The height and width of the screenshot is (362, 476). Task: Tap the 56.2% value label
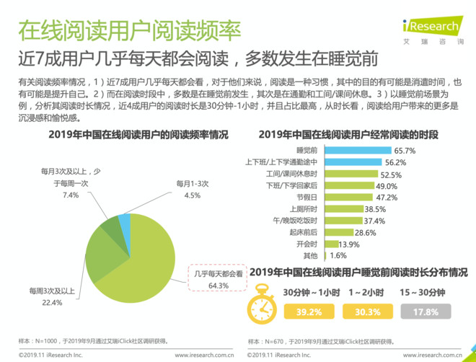(405, 163)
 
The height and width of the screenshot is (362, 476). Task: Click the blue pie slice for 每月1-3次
(125, 224)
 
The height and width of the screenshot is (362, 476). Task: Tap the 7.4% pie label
(70, 195)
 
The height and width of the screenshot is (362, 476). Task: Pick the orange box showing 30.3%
(363, 312)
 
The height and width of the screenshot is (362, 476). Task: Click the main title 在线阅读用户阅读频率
(128, 30)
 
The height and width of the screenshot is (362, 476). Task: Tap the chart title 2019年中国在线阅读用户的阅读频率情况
(128, 134)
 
